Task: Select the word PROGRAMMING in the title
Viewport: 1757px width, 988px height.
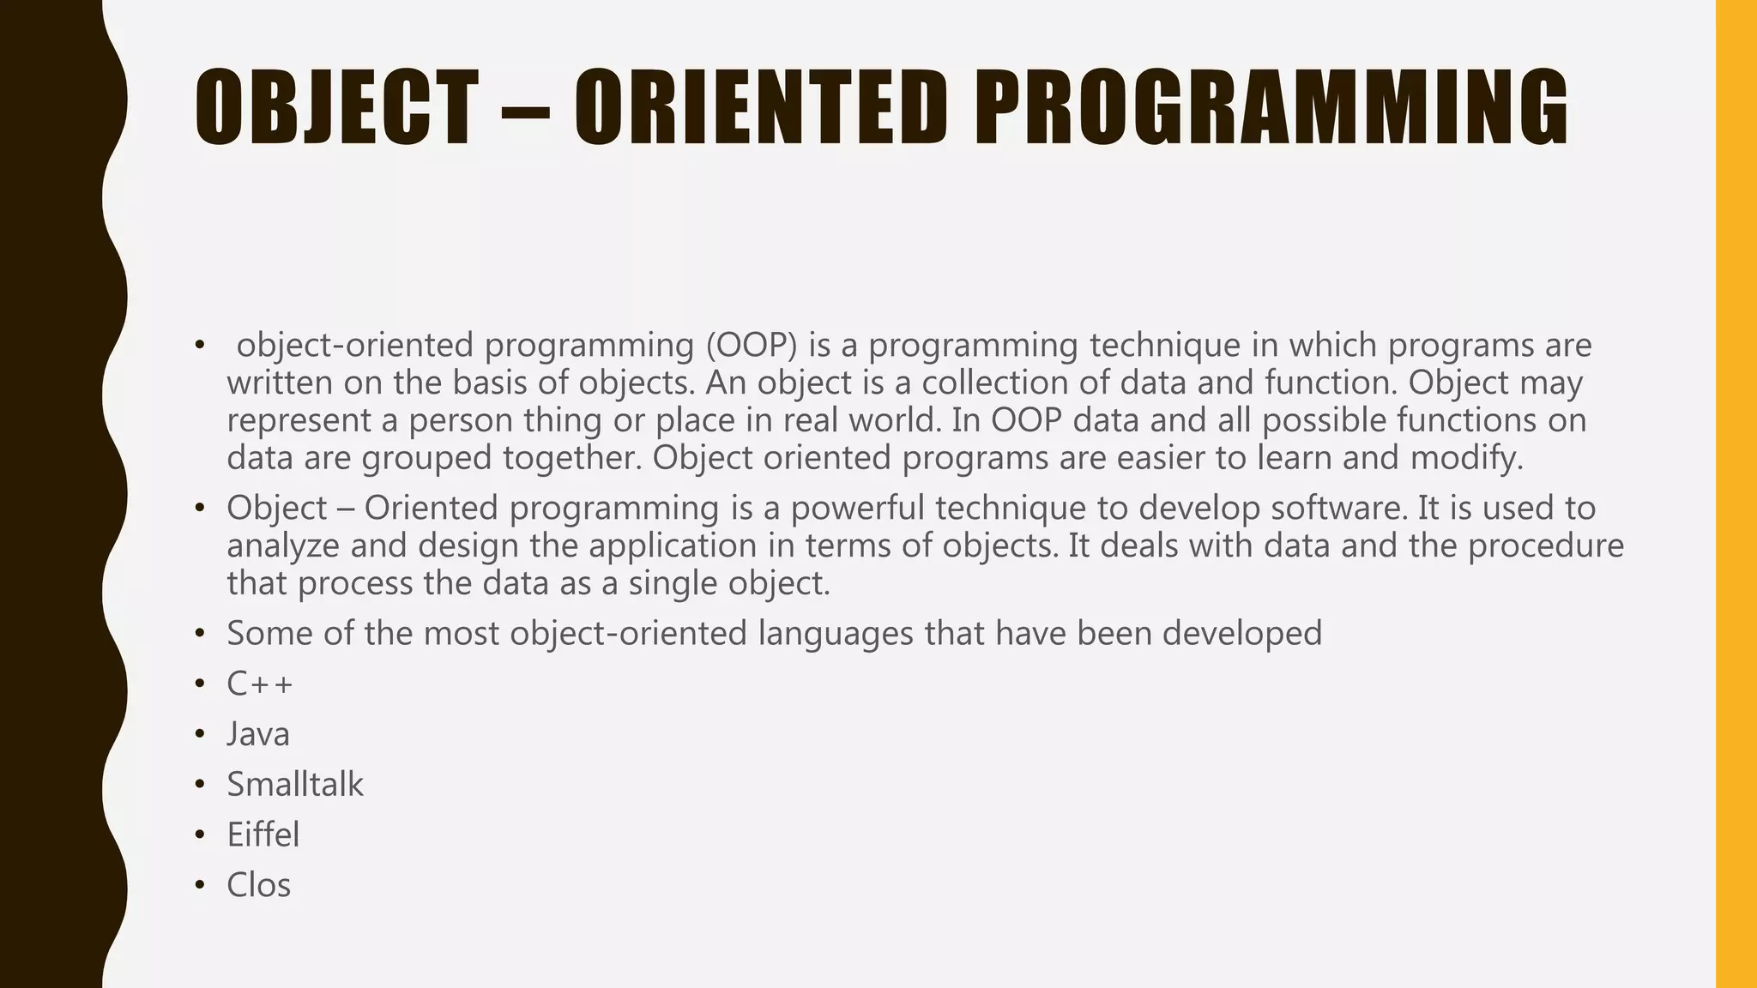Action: point(1270,108)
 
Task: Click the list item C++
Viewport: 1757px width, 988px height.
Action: point(260,684)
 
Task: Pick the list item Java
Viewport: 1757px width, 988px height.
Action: point(258,735)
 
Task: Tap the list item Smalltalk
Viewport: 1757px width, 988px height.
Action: point(295,785)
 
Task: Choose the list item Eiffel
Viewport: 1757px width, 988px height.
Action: point(263,835)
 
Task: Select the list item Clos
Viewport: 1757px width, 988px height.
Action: point(258,886)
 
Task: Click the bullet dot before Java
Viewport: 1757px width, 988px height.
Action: point(199,736)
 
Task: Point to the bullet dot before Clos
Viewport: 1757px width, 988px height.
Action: point(199,886)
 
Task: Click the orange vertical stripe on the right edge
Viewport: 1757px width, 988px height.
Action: point(1736,494)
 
